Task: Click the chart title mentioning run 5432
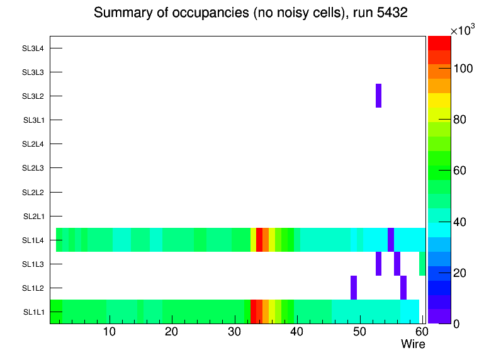point(250,14)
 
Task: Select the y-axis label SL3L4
point(33,48)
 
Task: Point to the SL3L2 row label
point(33,96)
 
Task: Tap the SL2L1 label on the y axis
point(33,217)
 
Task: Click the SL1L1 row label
point(33,312)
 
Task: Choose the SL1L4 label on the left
point(33,240)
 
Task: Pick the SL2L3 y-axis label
point(33,168)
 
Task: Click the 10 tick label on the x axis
point(110,332)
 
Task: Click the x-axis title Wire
point(413,344)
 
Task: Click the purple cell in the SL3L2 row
point(378,96)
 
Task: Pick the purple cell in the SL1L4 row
point(391,240)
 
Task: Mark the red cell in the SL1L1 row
point(254,312)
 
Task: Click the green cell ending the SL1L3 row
point(422,264)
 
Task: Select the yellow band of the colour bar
point(439,100)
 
